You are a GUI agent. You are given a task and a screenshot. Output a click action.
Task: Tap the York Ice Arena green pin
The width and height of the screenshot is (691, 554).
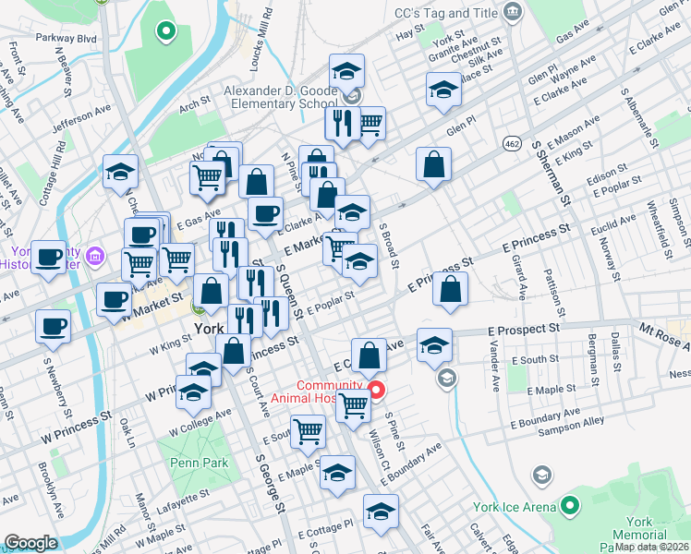pos(571,506)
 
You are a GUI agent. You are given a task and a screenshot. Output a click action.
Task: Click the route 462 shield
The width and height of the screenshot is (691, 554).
pos(512,143)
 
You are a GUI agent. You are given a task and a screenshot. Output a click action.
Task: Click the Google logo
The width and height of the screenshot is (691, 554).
pos(30,543)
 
